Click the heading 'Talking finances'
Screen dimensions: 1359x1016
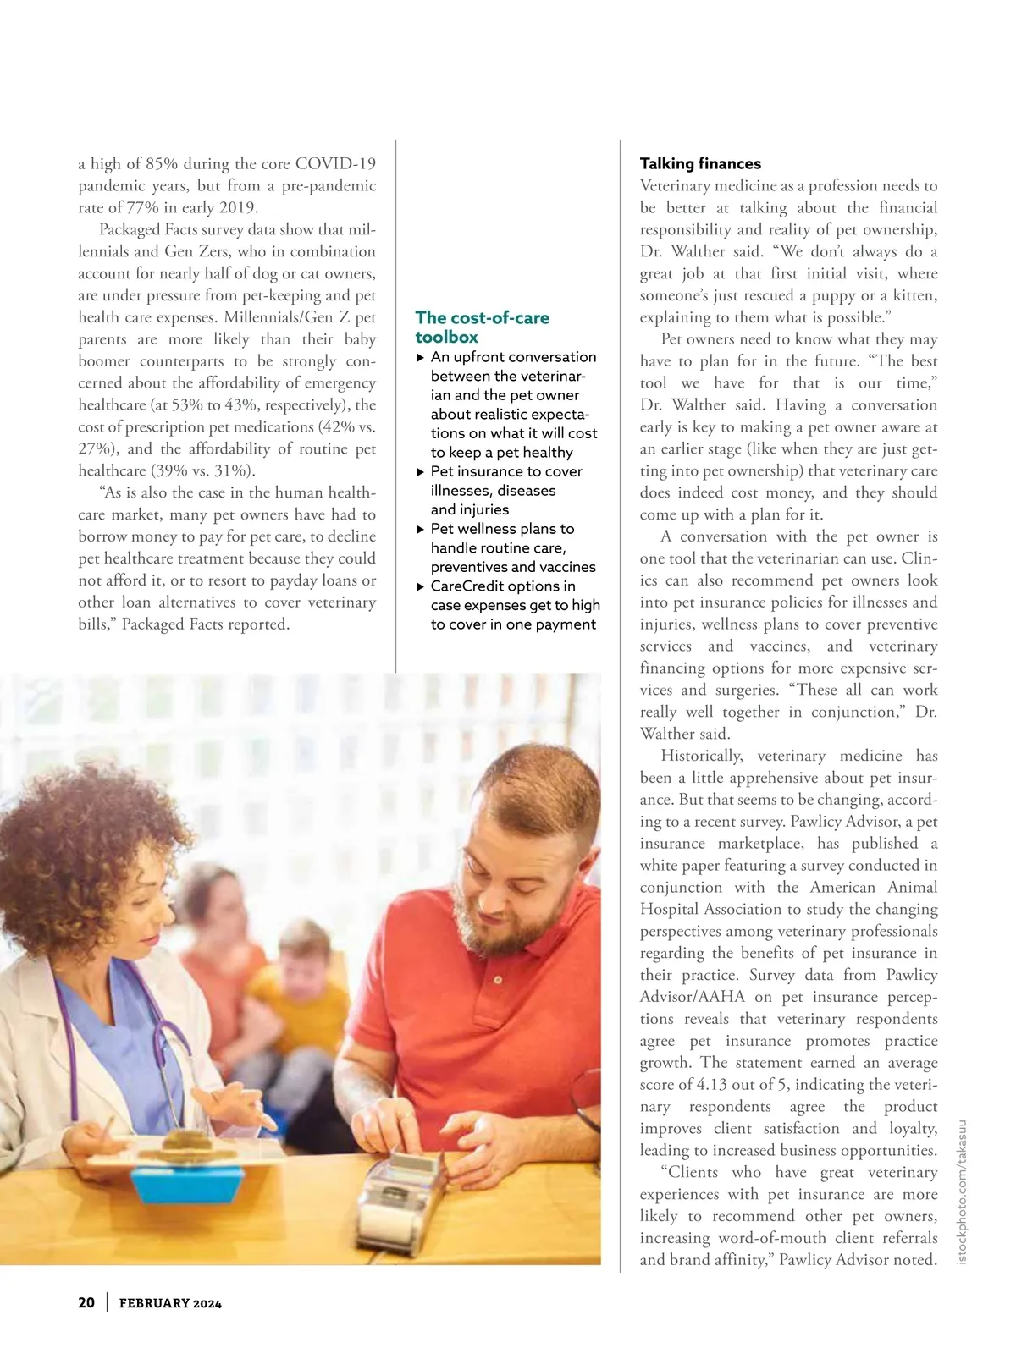point(700,163)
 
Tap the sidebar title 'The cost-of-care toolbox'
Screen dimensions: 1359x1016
point(481,327)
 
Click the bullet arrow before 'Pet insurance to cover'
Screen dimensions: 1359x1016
point(421,471)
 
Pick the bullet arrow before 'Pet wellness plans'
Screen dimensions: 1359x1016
point(421,529)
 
